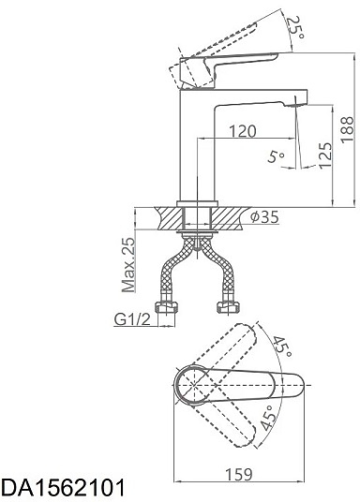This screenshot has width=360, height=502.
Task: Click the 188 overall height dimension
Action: click(347, 129)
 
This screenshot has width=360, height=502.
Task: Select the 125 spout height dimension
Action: click(325, 155)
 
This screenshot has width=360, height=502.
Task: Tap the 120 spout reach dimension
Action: click(243, 131)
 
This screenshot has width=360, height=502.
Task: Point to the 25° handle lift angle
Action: click(294, 27)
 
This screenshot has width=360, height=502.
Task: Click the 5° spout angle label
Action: click(276, 156)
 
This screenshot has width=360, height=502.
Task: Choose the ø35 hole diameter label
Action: click(264, 217)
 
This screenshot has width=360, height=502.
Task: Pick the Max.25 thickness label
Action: click(128, 265)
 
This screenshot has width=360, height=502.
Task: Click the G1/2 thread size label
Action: click(132, 319)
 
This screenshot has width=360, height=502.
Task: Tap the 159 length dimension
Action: click(239, 474)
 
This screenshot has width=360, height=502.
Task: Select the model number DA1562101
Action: click(63, 488)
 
